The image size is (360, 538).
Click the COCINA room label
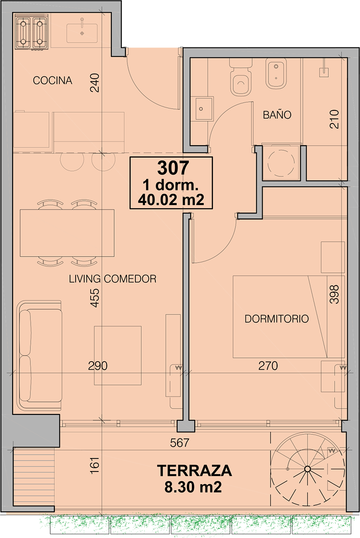(53, 81)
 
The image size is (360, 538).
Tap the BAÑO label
(277, 114)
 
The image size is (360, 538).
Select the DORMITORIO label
(277, 319)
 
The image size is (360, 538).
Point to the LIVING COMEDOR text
(113, 279)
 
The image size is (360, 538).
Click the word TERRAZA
(194, 471)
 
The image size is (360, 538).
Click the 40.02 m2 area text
(171, 200)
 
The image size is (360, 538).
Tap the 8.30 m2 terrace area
(193, 486)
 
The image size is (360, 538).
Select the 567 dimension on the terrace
(180, 443)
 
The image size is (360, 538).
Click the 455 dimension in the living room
(95, 298)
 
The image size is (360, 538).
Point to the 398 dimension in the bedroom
(334, 295)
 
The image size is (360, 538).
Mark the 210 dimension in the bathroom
(334, 119)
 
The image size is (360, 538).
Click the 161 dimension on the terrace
(95, 465)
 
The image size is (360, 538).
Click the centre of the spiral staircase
(307, 469)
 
